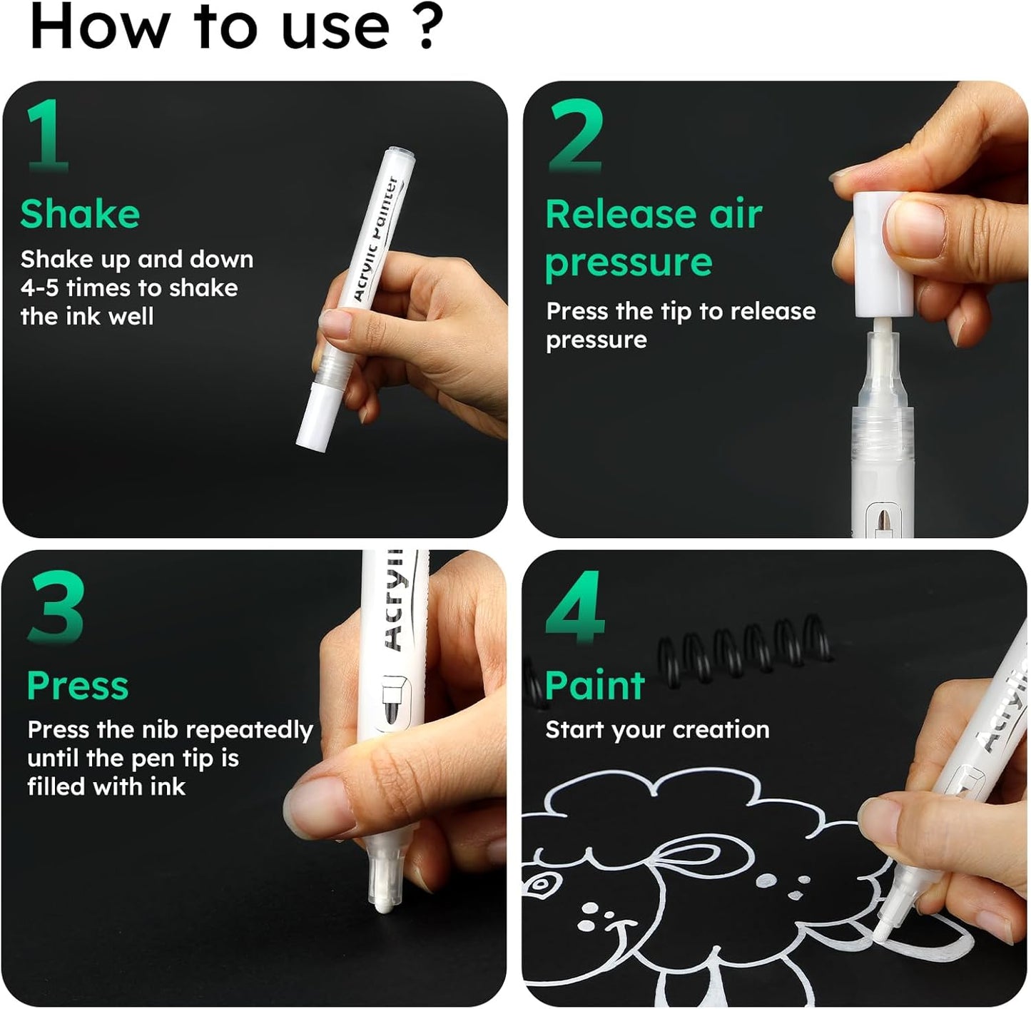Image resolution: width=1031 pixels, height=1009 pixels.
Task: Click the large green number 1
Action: [49, 136]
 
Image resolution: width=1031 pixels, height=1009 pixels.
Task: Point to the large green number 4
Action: [575, 607]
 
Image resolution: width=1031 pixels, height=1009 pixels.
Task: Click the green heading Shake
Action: [80, 214]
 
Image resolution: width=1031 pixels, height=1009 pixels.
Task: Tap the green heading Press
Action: [77, 686]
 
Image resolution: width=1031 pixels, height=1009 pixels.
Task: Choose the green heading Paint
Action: [594, 686]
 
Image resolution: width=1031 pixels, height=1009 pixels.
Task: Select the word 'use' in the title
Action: [335, 27]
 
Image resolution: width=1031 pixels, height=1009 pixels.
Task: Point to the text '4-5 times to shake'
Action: [129, 288]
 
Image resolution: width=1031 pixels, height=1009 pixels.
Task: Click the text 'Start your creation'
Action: [657, 730]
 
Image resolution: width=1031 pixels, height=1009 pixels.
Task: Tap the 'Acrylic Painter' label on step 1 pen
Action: [378, 239]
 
